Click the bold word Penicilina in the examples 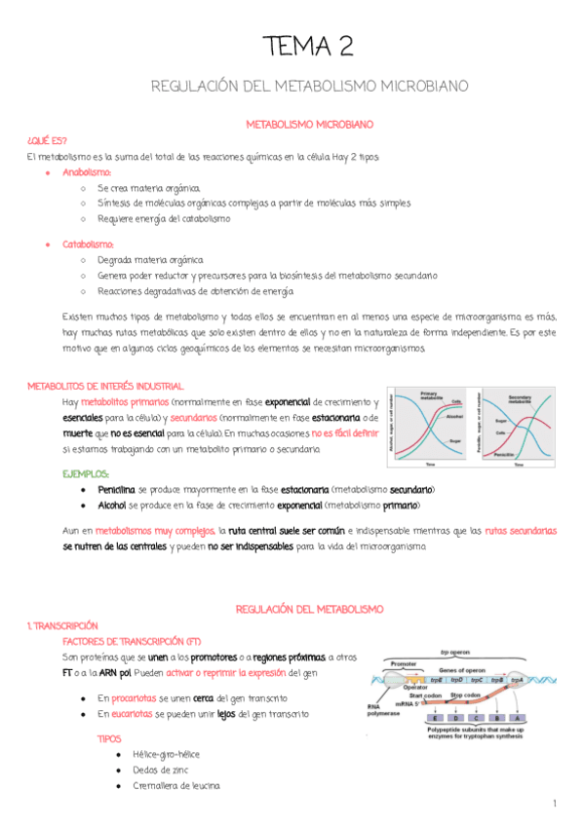(116, 489)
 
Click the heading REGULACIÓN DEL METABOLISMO (309, 609)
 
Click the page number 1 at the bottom (553, 804)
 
